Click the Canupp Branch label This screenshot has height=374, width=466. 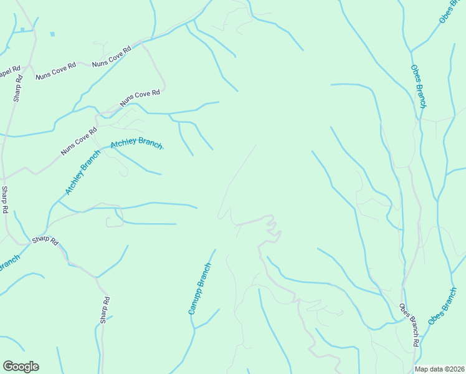point(200,288)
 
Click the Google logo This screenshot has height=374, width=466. point(21,367)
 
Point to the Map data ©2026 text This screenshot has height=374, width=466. point(439,369)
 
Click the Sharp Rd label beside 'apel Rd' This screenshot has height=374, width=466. point(18,88)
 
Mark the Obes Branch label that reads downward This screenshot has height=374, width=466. point(417,86)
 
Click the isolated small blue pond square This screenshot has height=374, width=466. point(52,34)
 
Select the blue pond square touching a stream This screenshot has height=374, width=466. point(22,29)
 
